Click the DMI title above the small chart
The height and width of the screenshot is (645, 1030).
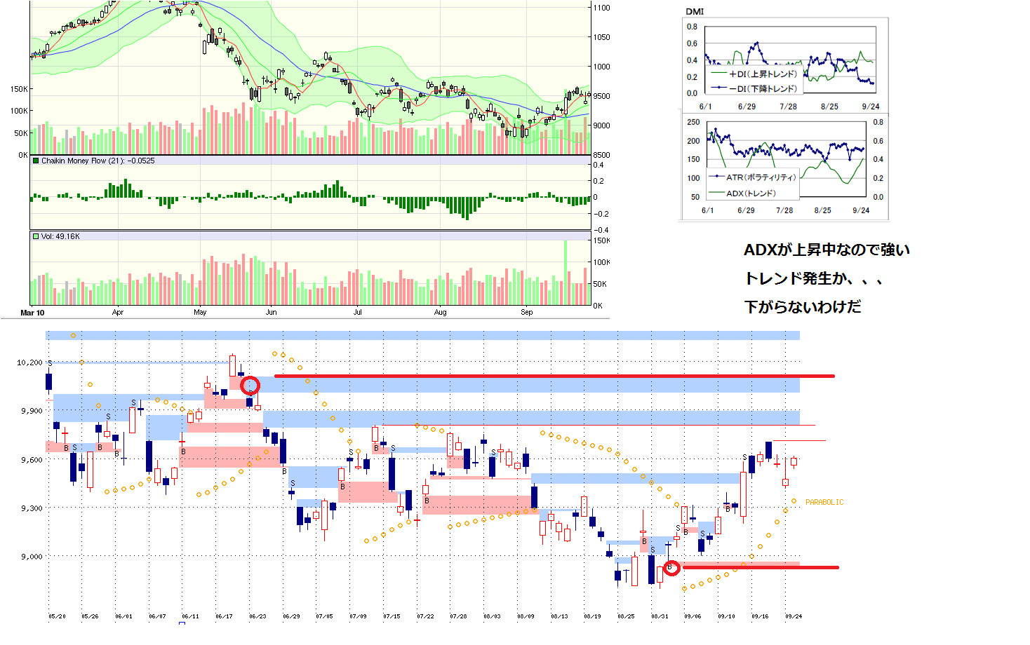click(x=695, y=11)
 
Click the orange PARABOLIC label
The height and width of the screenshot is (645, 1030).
click(x=824, y=502)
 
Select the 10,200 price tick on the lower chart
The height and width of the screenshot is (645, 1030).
click(x=29, y=362)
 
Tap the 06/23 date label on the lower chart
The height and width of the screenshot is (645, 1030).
click(x=257, y=616)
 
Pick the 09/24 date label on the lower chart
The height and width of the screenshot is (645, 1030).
click(x=794, y=616)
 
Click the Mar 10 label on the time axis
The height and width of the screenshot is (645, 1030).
click(x=32, y=313)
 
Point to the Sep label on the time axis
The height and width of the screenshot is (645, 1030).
click(x=526, y=313)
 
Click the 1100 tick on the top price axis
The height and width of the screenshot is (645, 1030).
click(x=601, y=8)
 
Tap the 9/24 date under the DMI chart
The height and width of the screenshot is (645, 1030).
click(x=870, y=107)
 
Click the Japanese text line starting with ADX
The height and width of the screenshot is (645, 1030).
click(x=827, y=250)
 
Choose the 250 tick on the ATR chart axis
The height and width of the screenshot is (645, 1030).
click(x=693, y=122)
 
